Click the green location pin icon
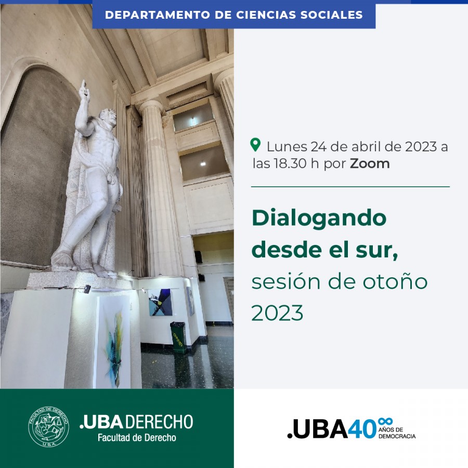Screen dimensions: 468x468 click(255, 145)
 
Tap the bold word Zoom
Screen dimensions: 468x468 click(370, 164)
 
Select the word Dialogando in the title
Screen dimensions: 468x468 click(319, 219)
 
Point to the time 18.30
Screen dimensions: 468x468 click(290, 164)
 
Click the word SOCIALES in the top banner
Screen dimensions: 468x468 click(331, 15)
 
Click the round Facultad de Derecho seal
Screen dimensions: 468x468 click(49, 426)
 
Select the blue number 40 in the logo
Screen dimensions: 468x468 click(362, 428)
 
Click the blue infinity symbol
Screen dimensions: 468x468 click(385, 421)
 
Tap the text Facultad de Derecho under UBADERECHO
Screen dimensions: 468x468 click(137, 437)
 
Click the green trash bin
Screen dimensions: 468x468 click(178, 337)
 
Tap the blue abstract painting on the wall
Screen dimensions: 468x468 click(160, 302)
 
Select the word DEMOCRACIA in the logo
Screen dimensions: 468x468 click(397, 436)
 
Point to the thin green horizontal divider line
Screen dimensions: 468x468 click(350, 187)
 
